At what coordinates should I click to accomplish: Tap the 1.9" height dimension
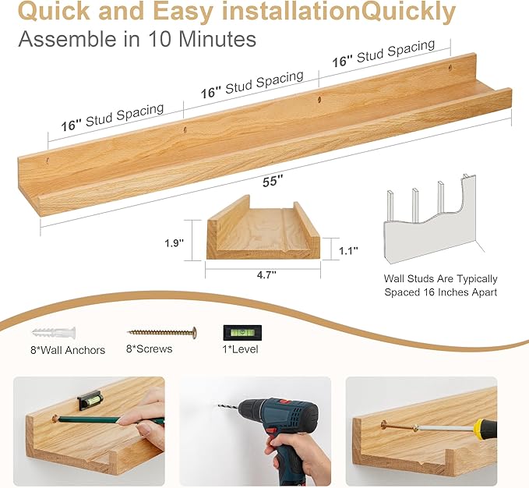[175, 242]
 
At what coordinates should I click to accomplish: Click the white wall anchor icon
[53, 333]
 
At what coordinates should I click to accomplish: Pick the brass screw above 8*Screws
[162, 332]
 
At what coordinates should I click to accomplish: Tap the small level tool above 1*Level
[239, 332]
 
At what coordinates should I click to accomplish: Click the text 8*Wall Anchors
[67, 350]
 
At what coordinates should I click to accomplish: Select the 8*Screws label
[150, 348]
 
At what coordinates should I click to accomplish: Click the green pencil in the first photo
[109, 419]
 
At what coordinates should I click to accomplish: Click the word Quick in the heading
[55, 12]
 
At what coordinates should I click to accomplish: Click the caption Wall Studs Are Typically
[440, 278]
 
